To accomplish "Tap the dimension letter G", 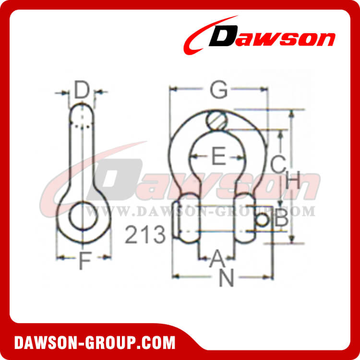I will (219, 90).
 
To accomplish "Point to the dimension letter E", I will (218, 157).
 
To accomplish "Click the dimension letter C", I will (277, 165).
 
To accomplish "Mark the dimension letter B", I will (281, 220).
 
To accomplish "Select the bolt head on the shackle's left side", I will (176, 221).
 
